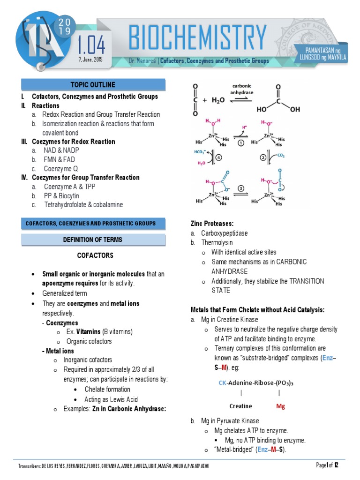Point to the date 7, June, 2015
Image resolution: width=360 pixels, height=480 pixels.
pyautogui.click(x=90, y=60)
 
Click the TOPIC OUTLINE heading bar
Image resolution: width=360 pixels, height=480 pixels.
pyautogui.click(x=93, y=85)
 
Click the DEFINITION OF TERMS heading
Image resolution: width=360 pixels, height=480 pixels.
pyautogui.click(x=93, y=240)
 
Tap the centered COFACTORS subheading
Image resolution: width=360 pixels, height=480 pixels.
pyautogui.click(x=95, y=255)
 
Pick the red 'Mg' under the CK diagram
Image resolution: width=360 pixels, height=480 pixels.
pyautogui.click(x=280, y=406)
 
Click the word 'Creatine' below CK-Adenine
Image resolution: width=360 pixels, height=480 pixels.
pyautogui.click(x=240, y=406)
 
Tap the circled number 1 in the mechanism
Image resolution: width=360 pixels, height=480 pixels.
pyautogui.click(x=240, y=143)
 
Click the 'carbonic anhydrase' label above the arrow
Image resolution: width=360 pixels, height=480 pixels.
pyautogui.click(x=242, y=90)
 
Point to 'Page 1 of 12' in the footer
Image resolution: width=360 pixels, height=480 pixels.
pyautogui.click(x=331, y=465)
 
